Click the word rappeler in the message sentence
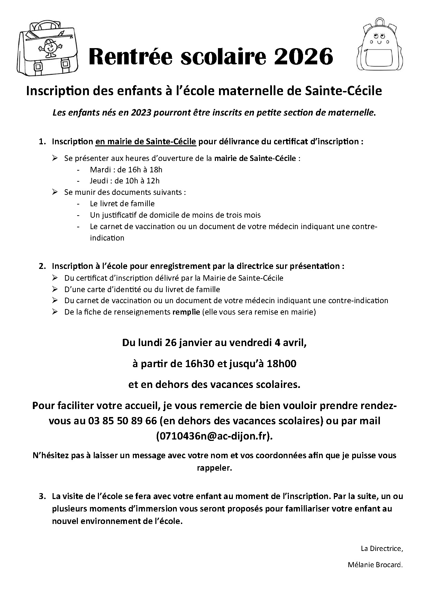214,468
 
